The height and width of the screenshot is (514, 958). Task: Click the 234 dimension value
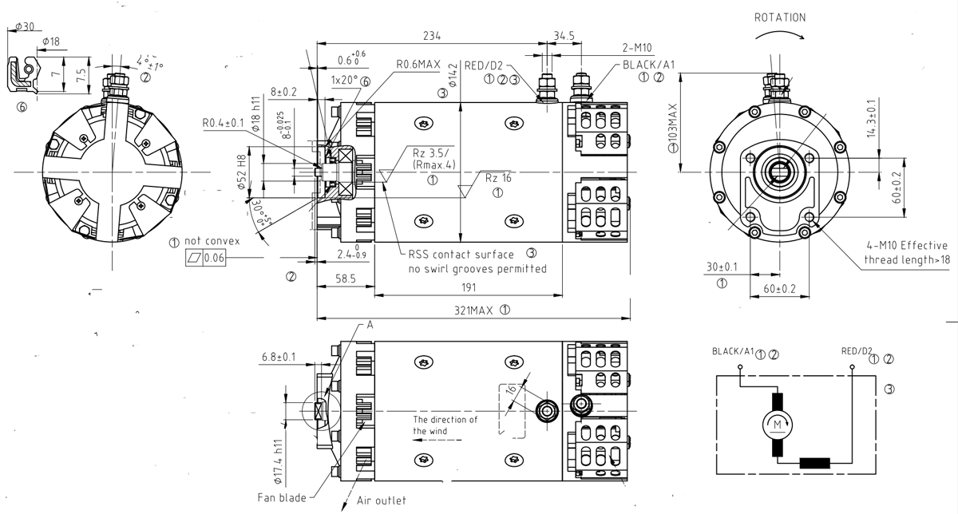click(x=431, y=35)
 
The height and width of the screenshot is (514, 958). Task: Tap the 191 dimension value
click(x=477, y=288)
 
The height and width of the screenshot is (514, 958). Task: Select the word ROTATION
click(x=780, y=17)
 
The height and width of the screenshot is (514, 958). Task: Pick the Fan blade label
click(x=281, y=497)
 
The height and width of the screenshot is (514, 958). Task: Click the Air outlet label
click(x=381, y=500)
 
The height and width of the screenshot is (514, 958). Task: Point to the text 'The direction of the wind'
click(x=445, y=425)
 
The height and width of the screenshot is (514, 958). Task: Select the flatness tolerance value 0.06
click(x=214, y=258)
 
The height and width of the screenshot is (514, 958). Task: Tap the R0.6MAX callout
click(x=418, y=65)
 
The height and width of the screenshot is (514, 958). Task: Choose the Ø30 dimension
click(x=24, y=26)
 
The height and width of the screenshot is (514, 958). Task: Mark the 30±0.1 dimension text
click(x=722, y=267)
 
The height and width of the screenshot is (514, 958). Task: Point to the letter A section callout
click(x=370, y=326)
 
